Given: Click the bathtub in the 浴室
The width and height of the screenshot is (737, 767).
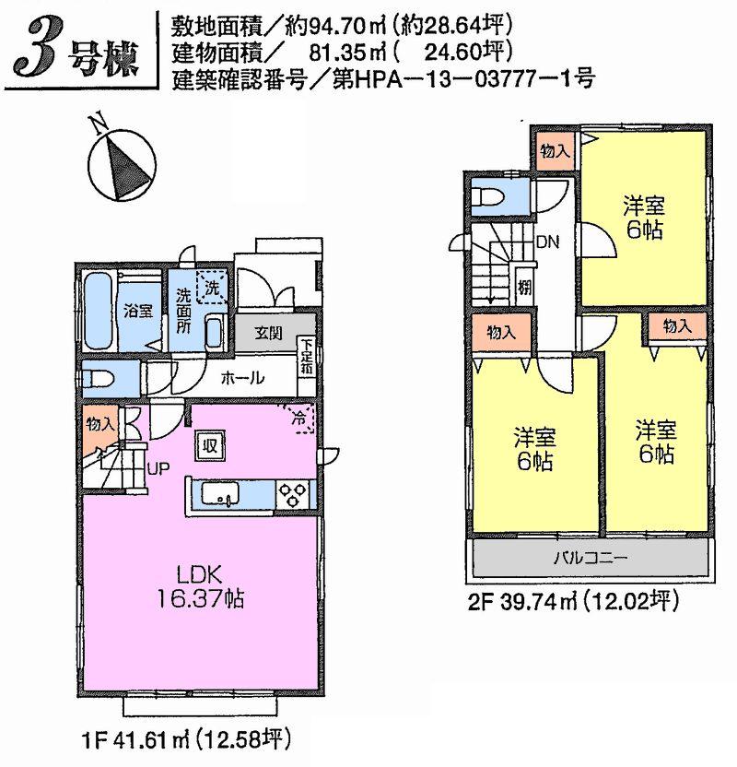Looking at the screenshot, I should pos(99,310).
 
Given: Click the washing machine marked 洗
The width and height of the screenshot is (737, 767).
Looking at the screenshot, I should pos(213,287).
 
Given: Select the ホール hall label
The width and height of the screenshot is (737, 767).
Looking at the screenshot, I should pos(245,377).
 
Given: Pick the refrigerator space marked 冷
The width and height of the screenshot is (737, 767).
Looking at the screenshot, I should pos(299,417).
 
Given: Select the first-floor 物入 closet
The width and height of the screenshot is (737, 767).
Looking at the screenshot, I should pos(99,425).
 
